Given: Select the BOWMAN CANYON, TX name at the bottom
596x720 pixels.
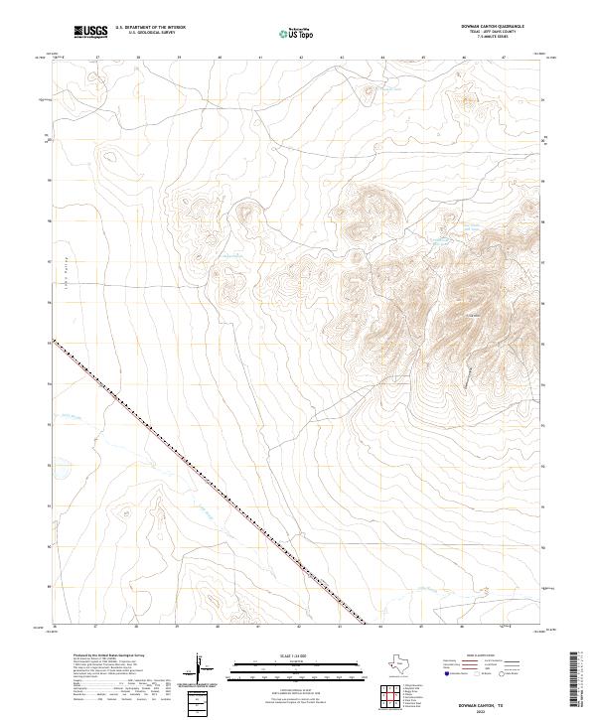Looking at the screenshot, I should pos(499,701).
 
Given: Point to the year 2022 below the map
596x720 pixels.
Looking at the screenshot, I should pos(499,709).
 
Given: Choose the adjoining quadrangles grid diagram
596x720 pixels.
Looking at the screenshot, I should pos(392,697).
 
